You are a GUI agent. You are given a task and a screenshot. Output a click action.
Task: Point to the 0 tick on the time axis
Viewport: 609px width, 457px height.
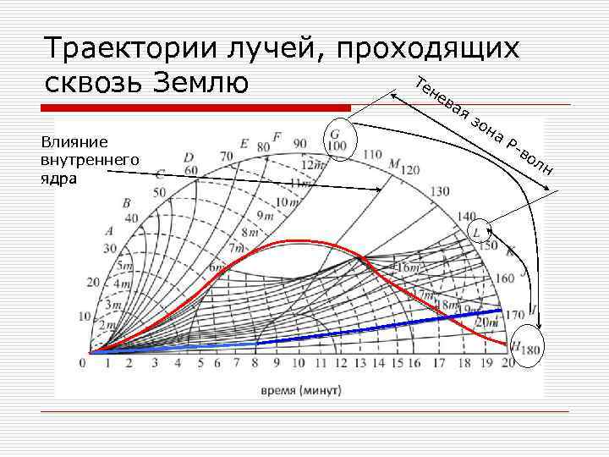[82, 364]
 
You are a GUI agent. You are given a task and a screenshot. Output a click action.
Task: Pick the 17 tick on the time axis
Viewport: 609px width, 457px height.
[438, 364]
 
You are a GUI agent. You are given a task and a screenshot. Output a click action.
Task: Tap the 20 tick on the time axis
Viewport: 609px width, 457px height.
[507, 364]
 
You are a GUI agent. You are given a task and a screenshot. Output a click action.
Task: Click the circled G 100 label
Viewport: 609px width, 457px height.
[338, 140]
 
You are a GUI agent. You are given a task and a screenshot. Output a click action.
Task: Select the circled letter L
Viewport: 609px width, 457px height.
[479, 229]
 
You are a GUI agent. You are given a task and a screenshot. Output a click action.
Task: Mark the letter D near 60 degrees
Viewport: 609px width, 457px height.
[189, 157]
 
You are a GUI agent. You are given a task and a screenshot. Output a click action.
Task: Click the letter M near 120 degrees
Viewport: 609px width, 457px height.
[395, 162]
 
